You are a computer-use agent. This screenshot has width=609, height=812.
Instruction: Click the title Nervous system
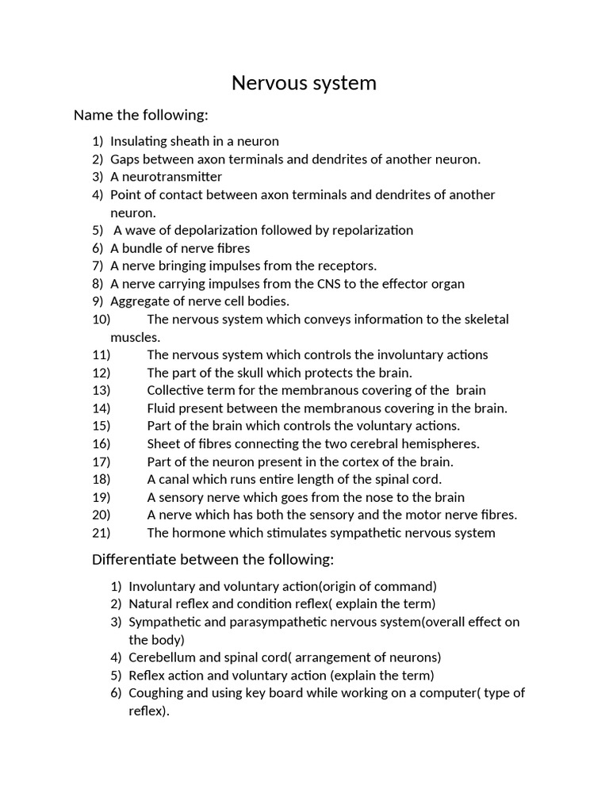[304, 83]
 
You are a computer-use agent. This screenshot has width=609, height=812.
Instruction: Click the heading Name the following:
[140, 116]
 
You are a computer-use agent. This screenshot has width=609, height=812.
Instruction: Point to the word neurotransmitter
[172, 177]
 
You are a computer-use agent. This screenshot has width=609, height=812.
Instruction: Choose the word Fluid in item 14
[162, 408]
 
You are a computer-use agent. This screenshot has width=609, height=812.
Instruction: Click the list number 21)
[101, 533]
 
